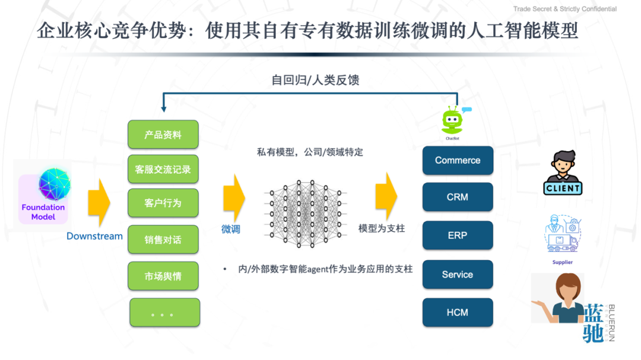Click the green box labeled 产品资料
pos(163,135)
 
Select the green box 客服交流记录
pos(163,169)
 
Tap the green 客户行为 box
pos(163,203)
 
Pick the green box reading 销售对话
pos(163,240)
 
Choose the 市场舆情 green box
pos(163,276)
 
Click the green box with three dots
pos(164,313)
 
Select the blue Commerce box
pos(458,160)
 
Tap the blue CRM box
pos(458,197)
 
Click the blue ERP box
pos(458,235)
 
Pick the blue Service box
pos(458,275)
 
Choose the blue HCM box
pos(458,313)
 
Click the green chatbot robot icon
pos(453,121)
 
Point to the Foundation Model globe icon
pos(55,184)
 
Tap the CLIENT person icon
pos(563,173)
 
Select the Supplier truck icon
pos(563,234)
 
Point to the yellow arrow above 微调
pos(234,197)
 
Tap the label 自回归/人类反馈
pos(315,79)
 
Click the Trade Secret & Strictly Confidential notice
pos(564,9)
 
